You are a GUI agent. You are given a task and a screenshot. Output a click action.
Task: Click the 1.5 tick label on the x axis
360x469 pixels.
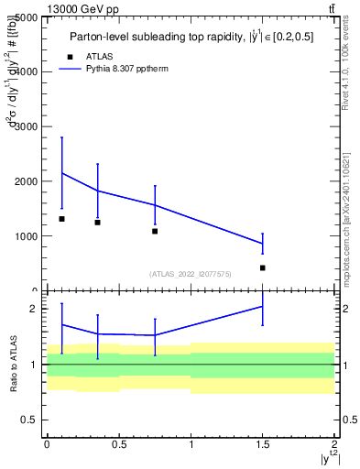pyautogui.click(x=263, y=447)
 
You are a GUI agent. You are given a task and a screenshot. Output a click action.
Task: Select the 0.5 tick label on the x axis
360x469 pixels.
pyautogui.click(x=119, y=447)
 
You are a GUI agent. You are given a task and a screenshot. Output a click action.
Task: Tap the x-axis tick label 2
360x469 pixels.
pyautogui.click(x=335, y=447)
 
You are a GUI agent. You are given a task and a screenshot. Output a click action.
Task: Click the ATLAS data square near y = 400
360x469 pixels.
pyautogui.click(x=263, y=268)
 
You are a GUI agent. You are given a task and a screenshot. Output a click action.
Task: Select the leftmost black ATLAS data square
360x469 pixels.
pyautogui.click(x=61, y=219)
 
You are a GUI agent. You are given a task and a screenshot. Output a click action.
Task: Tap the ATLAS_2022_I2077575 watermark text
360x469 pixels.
pyautogui.click(x=191, y=274)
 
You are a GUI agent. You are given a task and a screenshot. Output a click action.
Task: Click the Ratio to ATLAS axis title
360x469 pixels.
pyautogui.click(x=12, y=364)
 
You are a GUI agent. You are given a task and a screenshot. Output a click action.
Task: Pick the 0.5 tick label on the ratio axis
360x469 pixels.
pyautogui.click(x=29, y=420)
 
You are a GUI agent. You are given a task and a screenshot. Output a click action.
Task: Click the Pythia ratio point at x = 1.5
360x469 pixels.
pyautogui.click(x=263, y=306)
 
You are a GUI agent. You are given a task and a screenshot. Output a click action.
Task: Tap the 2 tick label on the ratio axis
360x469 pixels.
pyautogui.click(x=33, y=309)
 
